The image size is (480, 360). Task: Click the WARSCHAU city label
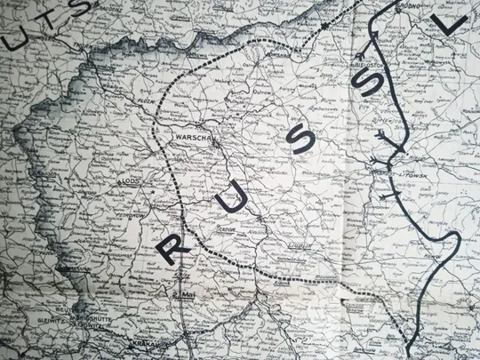coord(205,138)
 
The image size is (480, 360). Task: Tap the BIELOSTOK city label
coord(366,66)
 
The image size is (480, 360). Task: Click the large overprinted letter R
coord(171,247)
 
